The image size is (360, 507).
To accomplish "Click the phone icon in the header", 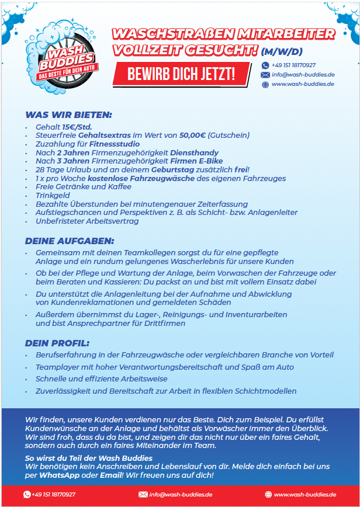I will click(x=265, y=65).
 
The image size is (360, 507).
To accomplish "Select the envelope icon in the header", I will click(x=265, y=75).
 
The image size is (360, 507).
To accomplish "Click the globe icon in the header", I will click(x=265, y=84).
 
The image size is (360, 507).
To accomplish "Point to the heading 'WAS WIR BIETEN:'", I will click(x=68, y=115).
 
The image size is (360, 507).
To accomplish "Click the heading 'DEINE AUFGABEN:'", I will click(x=70, y=241).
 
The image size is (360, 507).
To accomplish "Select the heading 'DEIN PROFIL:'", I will click(x=57, y=342).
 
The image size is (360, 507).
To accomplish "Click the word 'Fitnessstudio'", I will click(x=115, y=144).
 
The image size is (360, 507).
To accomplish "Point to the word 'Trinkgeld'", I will click(x=52, y=195).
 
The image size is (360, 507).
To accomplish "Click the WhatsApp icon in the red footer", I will click(x=26, y=495).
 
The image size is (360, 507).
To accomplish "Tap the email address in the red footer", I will click(x=181, y=495).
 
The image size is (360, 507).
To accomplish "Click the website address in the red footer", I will click(x=304, y=495).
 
